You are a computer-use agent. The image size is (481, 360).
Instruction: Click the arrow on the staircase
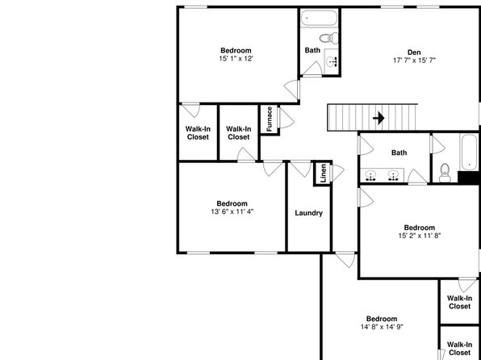[x=379, y=118]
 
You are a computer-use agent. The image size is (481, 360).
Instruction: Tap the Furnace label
[x=270, y=119]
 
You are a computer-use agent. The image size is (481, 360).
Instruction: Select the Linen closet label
[x=324, y=174]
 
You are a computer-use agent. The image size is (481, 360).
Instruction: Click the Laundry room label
[x=308, y=213]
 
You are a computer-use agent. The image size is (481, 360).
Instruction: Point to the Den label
[x=414, y=52]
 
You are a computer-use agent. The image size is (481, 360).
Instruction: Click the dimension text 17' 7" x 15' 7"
[x=414, y=61]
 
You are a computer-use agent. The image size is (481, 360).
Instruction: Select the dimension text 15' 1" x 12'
[x=236, y=59]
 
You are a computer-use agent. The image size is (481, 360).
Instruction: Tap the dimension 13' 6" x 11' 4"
[x=232, y=211]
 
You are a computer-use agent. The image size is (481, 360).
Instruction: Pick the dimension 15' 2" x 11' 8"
[x=420, y=236]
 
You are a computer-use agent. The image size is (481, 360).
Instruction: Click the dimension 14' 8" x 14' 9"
[x=382, y=327]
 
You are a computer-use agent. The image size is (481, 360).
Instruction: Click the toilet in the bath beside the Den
[x=328, y=39]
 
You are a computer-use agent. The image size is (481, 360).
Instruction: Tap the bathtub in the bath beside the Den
[x=319, y=18]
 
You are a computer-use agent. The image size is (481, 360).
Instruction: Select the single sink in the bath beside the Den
[x=333, y=61]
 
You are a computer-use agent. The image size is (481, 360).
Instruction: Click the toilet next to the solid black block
[x=445, y=173]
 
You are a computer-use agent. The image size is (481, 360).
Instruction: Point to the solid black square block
[x=469, y=178]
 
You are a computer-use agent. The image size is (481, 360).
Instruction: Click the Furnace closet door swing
[x=286, y=118]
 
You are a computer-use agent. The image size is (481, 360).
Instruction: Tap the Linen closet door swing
[x=337, y=173]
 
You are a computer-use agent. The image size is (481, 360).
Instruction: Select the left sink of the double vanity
[x=371, y=175]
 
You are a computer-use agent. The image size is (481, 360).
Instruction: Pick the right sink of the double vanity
[x=393, y=175]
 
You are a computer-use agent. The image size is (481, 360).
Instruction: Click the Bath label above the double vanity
[x=399, y=153]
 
